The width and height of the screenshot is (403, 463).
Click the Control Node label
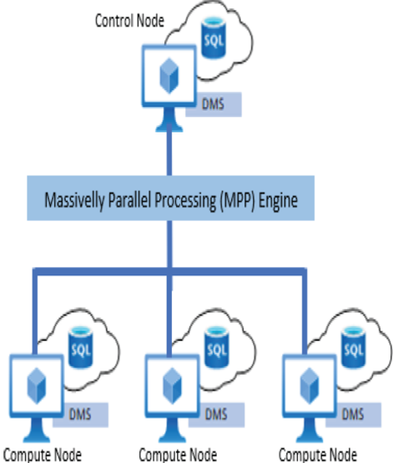pyautogui.click(x=129, y=21)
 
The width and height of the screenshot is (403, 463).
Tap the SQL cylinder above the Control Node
pyautogui.click(x=214, y=38)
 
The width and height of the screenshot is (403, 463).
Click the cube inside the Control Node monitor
pyautogui.click(x=169, y=76)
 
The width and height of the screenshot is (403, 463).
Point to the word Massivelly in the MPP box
pyautogui.click(x=74, y=201)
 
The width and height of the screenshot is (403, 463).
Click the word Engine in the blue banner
pyautogui.click(x=278, y=201)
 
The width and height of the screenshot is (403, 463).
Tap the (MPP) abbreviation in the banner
pyautogui.click(x=237, y=201)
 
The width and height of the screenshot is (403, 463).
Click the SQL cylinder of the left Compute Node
pyautogui.click(x=81, y=347)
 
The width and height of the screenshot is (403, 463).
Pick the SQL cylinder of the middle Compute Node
pyautogui.click(x=216, y=347)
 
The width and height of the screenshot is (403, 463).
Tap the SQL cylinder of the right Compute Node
pyautogui.click(x=354, y=347)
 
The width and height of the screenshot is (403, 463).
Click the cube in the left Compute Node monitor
pyautogui.click(x=37, y=385)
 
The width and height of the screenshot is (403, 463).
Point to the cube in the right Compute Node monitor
pyautogui.click(x=310, y=385)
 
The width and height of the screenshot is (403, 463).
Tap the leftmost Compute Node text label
pyautogui.click(x=43, y=455)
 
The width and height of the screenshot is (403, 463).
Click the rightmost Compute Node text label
pyautogui.click(x=318, y=455)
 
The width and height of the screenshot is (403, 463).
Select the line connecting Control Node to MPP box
pyautogui.click(x=169, y=151)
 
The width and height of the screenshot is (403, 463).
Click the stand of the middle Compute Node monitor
pyautogui.click(x=173, y=430)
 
